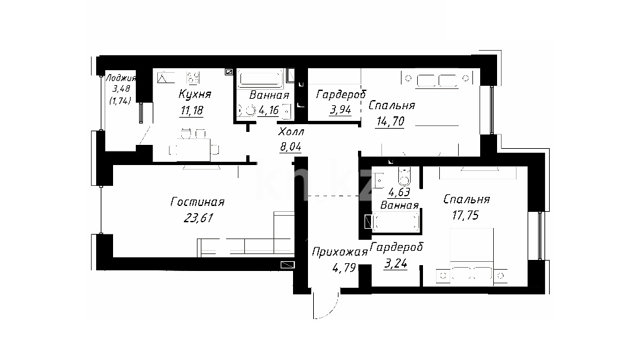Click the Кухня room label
(x=195, y=94)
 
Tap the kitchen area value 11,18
(x=192, y=110)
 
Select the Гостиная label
(x=197, y=202)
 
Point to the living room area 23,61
(x=198, y=218)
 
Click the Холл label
(x=291, y=132)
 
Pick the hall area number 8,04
(x=290, y=146)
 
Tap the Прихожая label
(x=340, y=252)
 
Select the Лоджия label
(x=121, y=78)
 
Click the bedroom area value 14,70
(x=390, y=122)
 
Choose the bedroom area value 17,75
(x=465, y=215)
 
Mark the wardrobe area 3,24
(x=396, y=263)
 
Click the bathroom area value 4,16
(x=268, y=110)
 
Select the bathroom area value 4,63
(x=399, y=192)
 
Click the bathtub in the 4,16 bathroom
(x=261, y=79)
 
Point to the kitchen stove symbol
(x=194, y=77)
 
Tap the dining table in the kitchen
(x=194, y=149)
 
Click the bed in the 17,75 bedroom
(x=472, y=255)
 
